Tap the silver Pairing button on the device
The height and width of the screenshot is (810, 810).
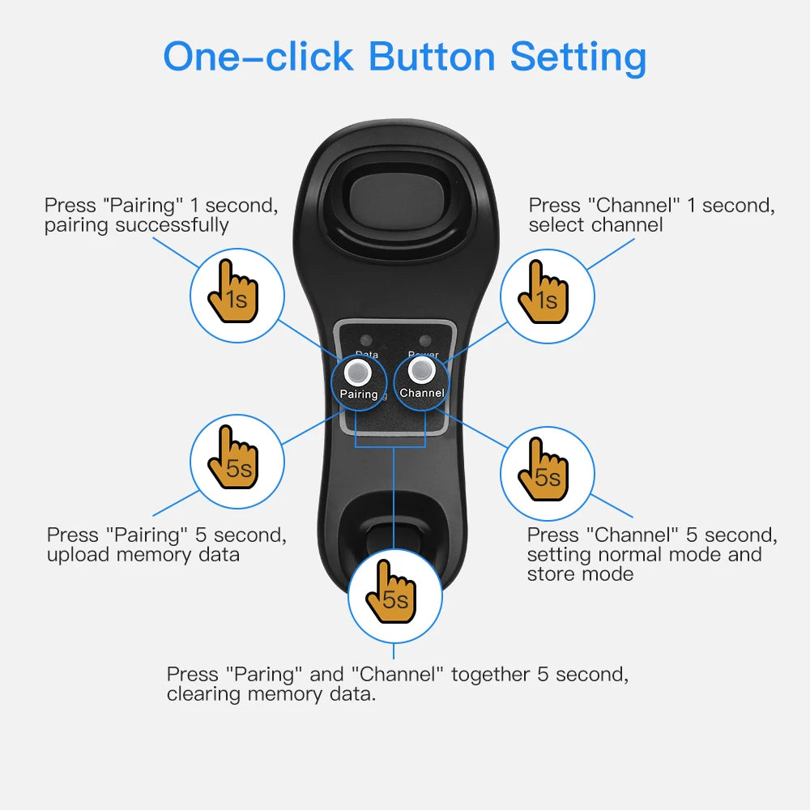coord(357,372)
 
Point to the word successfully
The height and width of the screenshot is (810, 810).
coord(172,226)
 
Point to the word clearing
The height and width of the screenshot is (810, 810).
coord(203,695)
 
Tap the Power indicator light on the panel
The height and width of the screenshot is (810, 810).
coord(423,340)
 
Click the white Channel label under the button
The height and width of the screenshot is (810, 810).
coord(421,393)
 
